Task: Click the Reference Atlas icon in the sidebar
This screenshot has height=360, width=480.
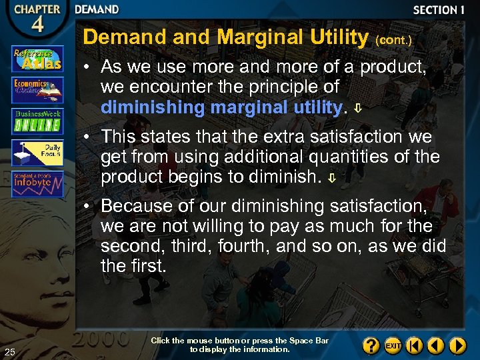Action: coord(38,59)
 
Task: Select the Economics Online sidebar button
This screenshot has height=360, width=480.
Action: coord(38,89)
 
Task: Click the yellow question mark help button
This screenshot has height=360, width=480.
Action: coord(371,345)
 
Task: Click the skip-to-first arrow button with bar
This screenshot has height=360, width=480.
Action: coord(415,345)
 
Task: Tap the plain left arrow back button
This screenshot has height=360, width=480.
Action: coord(436,345)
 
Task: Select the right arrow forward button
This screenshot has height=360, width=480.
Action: coord(457,345)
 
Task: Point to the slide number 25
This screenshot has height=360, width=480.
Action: coord(9,352)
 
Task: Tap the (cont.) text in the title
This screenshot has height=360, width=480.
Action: coord(393,40)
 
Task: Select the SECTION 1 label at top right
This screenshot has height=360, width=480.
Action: coord(438,10)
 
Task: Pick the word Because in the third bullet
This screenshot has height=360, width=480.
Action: coord(136,205)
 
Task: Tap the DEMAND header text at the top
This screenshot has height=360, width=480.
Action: coord(97,9)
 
